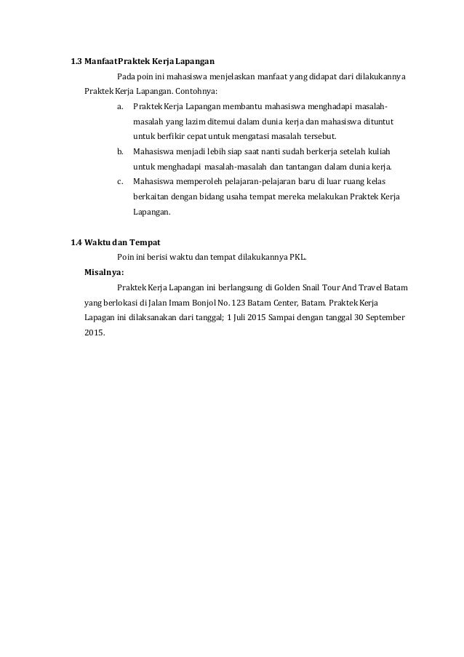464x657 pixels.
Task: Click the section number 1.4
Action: click(76, 242)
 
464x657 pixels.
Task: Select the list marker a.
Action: click(119, 106)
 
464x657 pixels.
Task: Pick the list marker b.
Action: click(119, 152)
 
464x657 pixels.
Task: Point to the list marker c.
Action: click(119, 182)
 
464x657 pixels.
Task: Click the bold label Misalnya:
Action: click(104, 272)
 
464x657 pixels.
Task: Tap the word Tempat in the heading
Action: click(143, 242)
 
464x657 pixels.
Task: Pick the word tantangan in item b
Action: click(295, 167)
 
